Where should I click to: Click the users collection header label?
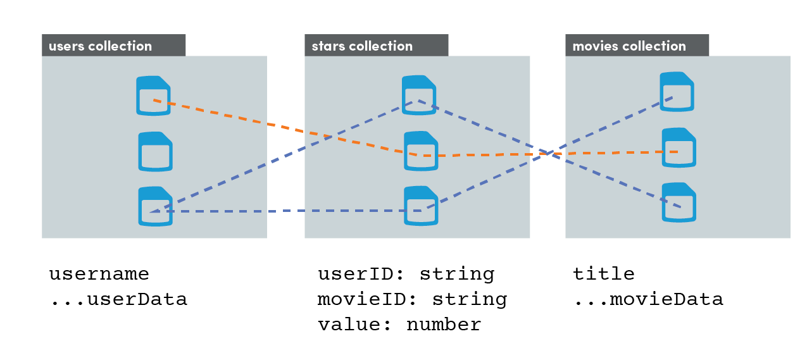coord(101,46)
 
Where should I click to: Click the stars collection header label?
coord(362,46)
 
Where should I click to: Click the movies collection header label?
coord(629,46)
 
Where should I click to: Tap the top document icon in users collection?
coord(153,96)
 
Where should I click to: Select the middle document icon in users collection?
coord(156,152)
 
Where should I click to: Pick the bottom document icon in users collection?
coord(156,206)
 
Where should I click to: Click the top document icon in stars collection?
coord(419,95)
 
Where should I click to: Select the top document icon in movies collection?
coord(677,92)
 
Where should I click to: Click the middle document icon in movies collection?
coord(679,147)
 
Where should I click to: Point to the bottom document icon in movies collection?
coord(679,202)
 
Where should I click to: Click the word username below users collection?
coord(99,275)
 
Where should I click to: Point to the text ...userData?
coord(118,299)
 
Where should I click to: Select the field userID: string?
coord(406,275)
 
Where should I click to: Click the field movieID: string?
coord(412,299)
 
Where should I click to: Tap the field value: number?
coord(399,325)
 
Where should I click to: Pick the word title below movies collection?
coord(604,274)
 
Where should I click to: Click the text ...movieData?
coord(648,299)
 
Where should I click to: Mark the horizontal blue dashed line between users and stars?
coord(285,211)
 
